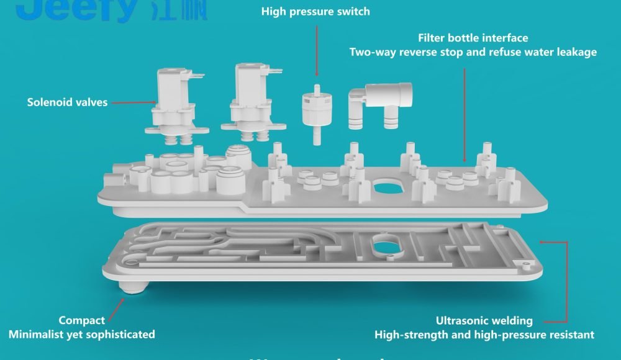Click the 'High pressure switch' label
(x=315, y=11)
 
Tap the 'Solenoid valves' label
(x=67, y=102)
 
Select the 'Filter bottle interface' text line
(x=473, y=38)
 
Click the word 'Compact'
(x=81, y=321)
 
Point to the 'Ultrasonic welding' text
(x=484, y=321)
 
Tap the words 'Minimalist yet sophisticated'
(x=81, y=335)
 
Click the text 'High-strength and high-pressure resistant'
(x=484, y=335)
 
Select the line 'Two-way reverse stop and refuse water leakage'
(x=473, y=52)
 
